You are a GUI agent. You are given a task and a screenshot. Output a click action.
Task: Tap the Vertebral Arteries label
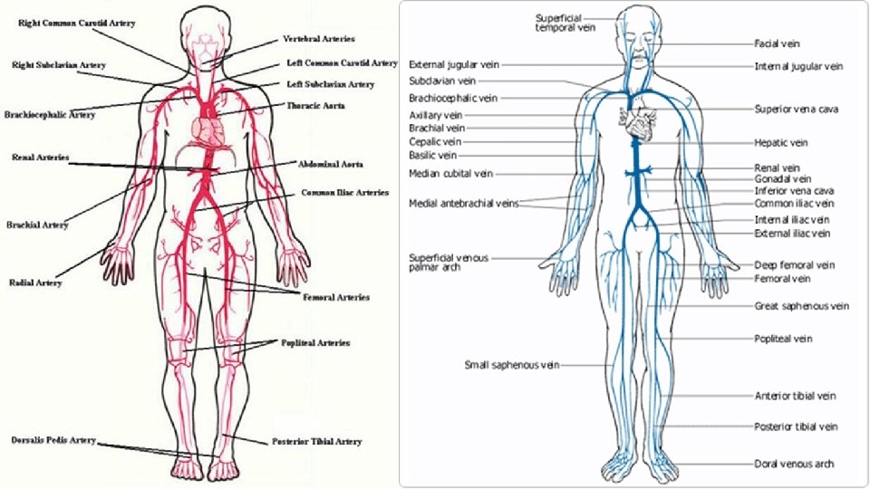[318, 39]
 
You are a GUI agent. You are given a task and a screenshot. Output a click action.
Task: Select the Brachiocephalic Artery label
[50, 115]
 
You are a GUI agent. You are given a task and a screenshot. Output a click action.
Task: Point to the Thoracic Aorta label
[315, 106]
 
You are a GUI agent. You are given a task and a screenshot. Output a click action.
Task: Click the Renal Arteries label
[41, 158]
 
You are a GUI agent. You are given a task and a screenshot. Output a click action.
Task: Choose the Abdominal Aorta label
[331, 165]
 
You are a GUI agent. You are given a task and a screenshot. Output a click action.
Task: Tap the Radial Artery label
[36, 283]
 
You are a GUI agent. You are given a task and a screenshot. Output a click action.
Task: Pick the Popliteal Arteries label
[315, 343]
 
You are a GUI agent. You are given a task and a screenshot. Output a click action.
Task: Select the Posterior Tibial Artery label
[317, 442]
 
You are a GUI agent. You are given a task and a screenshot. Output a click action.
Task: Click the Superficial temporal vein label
[559, 23]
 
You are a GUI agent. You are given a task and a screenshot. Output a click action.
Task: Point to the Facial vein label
[777, 43]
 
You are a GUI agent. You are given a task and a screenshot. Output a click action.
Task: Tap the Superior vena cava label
[796, 109]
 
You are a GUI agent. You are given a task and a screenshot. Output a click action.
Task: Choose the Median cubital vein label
[450, 173]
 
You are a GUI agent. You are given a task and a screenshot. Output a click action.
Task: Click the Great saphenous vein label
[801, 306]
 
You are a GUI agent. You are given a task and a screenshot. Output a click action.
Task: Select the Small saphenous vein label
[512, 365]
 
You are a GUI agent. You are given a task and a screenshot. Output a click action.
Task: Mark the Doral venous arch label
[794, 464]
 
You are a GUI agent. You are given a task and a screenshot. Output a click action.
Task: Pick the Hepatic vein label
[780, 142]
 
